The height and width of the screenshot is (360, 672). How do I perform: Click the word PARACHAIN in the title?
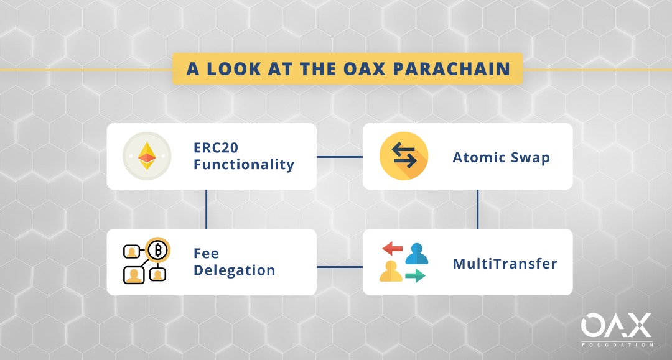[x=451, y=69]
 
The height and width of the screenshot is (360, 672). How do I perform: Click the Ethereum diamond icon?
[x=147, y=156]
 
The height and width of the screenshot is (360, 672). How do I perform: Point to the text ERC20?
[x=215, y=148]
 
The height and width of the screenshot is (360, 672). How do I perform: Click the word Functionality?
[x=244, y=164]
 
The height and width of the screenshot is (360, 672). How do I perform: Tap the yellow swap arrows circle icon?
[x=404, y=156]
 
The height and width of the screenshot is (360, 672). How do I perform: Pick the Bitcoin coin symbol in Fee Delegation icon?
[x=157, y=249]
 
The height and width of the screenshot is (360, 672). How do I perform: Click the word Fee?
[x=206, y=254]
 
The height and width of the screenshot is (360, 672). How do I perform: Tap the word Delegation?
[x=235, y=270]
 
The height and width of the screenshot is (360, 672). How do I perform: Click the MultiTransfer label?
[x=505, y=264]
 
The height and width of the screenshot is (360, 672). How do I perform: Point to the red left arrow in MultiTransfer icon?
[x=392, y=248]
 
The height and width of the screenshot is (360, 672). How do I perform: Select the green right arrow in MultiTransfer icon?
[x=415, y=275]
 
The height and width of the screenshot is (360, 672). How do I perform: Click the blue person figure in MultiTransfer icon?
[x=416, y=254]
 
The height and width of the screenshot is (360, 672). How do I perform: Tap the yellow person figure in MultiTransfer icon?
[x=391, y=271]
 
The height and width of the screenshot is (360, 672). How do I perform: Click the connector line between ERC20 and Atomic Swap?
[x=340, y=157]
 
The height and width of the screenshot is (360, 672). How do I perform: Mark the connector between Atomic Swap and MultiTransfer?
[x=477, y=210]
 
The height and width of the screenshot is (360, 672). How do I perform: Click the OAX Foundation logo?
[x=617, y=330]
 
